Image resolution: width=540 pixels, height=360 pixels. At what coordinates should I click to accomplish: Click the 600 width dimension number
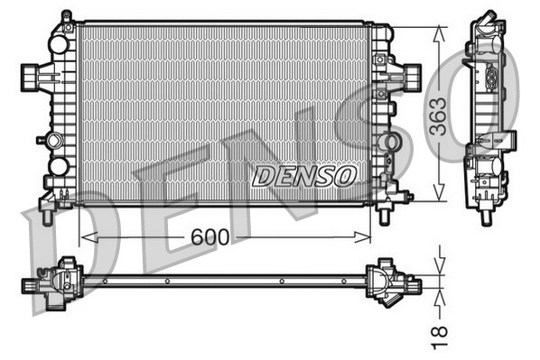pos(209,237)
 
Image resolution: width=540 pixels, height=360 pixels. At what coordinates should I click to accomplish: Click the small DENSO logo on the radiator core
pos(304,175)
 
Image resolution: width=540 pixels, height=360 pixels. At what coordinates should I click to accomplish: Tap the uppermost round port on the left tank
pos(59,43)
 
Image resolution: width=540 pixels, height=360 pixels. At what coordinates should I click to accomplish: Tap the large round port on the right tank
pos(389,143)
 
